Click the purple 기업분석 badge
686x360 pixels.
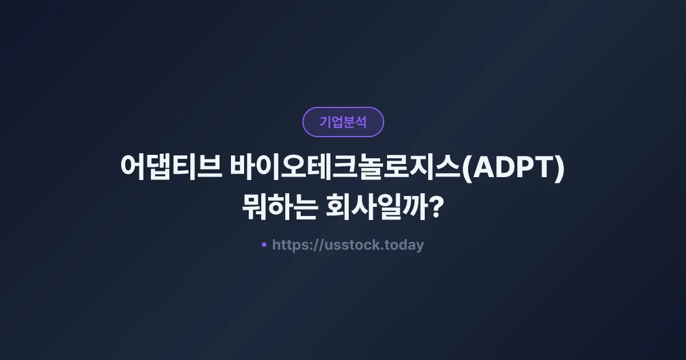pos(343,122)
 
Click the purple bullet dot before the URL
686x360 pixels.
pos(264,245)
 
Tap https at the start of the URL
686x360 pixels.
pos(288,245)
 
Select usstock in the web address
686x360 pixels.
pos(348,245)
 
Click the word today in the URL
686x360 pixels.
pos(404,245)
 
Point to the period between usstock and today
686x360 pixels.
pos(382,249)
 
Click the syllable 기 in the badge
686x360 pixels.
pos(325,122)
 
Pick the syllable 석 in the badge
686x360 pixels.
pos(361,122)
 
